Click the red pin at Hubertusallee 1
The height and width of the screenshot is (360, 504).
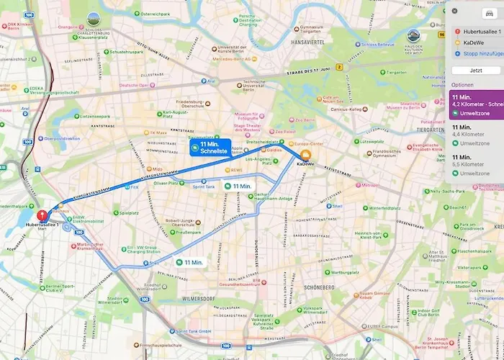tap(42, 215)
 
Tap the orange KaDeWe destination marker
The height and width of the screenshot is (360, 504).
tap(305, 155)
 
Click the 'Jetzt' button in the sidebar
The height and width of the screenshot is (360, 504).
tap(476, 71)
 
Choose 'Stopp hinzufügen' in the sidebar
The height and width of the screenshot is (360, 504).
tap(477, 53)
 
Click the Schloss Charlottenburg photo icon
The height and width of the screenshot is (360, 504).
tap(94, 19)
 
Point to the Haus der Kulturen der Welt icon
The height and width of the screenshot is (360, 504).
tap(413, 35)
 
